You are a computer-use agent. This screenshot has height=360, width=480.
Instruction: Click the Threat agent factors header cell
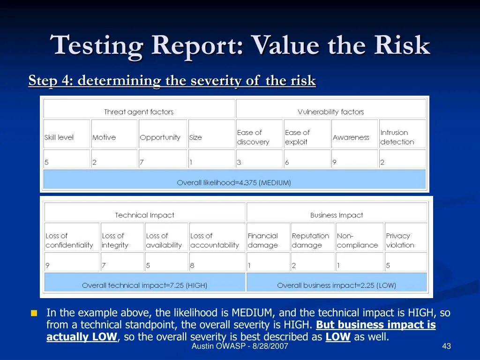[x=139, y=112]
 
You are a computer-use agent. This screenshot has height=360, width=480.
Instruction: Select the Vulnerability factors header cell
[x=331, y=112]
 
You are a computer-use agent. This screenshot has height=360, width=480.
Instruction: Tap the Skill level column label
[x=60, y=137]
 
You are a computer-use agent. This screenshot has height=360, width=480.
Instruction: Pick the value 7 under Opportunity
[x=142, y=162]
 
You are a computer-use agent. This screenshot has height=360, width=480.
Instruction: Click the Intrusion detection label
[x=397, y=137]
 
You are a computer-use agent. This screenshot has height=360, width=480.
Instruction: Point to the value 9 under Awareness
[x=335, y=162]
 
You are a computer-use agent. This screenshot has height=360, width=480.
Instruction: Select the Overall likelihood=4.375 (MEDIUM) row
[x=234, y=182]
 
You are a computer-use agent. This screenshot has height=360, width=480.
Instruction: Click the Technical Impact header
[x=144, y=215]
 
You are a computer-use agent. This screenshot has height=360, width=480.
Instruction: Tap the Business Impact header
[x=337, y=215]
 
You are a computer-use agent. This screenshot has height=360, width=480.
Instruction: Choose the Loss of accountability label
[x=214, y=240]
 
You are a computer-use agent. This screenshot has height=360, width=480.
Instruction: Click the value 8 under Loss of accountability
[x=192, y=265]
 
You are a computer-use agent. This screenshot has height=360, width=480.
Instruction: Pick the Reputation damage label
[x=310, y=240]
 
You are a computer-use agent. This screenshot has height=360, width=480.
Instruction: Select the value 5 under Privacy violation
[x=388, y=265]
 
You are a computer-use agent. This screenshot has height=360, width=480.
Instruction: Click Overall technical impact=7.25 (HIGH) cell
[x=144, y=285]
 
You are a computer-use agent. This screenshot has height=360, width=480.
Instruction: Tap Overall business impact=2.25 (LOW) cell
[x=337, y=285]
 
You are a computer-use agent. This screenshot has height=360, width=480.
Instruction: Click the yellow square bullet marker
[x=34, y=313]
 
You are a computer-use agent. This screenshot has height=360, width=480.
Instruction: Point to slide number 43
[x=446, y=346]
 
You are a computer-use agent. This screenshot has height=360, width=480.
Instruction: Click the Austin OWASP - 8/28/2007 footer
[x=240, y=346]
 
